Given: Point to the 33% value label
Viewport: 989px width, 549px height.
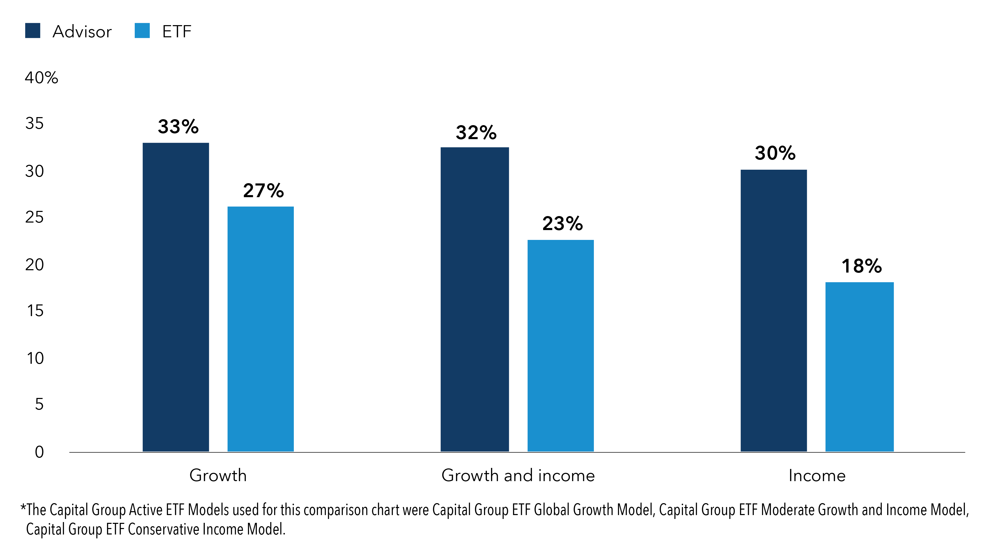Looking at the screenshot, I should [x=178, y=127].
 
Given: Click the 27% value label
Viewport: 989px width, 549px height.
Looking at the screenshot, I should [x=263, y=190].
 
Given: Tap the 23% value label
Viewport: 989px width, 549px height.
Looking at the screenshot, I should [x=563, y=223].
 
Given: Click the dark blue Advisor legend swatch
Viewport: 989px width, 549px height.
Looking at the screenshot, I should [x=33, y=31].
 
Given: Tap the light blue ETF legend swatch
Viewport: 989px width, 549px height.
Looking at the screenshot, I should [x=142, y=31].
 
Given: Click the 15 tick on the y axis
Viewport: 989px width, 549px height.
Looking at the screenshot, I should [x=35, y=311].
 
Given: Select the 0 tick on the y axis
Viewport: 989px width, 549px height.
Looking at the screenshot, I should [x=39, y=452].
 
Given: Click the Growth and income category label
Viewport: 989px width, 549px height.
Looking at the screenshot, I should [x=518, y=475].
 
